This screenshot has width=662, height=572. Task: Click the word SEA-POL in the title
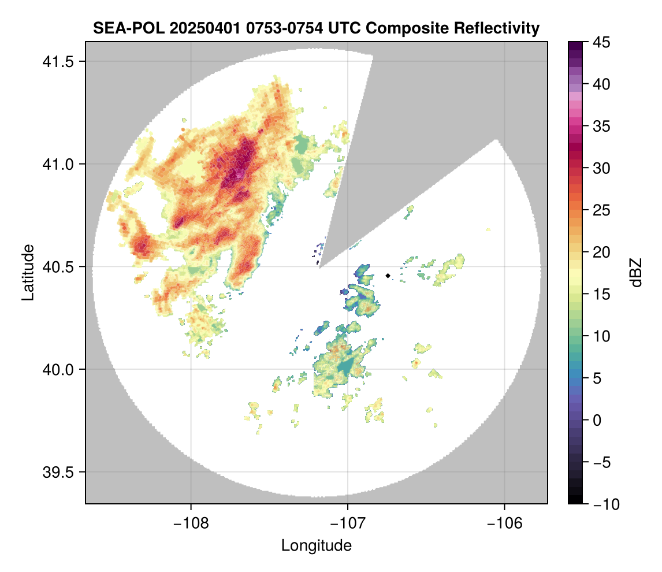118,28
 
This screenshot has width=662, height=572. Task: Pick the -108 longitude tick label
191,523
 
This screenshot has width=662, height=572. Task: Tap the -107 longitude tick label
348,523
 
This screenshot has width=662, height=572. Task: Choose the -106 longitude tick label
505,523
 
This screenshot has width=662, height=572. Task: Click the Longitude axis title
317,545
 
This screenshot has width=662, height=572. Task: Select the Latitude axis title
28,272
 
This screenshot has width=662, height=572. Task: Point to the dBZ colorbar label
636,272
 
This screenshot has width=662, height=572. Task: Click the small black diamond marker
388,276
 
